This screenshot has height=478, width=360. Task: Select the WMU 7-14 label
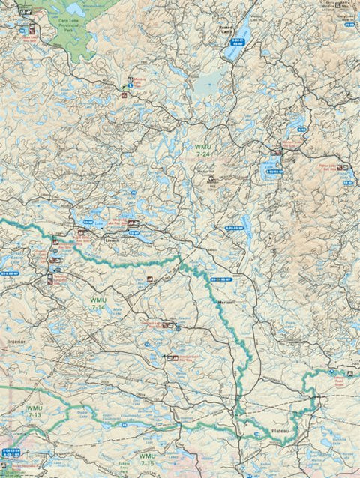pos(97,303)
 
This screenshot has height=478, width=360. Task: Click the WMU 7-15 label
pos(147,459)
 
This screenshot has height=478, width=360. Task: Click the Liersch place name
pos(113,240)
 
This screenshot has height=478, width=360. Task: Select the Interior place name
pos(16,341)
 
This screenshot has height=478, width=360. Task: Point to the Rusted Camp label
pos(225,31)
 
